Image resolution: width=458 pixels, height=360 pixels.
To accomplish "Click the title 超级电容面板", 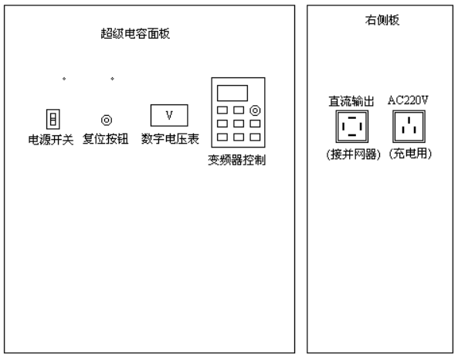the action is [x=135, y=33].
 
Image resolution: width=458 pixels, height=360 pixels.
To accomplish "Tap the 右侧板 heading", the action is [x=382, y=20].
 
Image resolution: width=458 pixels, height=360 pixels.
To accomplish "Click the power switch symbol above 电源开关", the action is [x=53, y=119].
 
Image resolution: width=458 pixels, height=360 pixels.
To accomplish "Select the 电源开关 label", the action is [x=51, y=140].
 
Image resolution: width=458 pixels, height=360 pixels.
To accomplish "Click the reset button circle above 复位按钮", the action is [x=107, y=120].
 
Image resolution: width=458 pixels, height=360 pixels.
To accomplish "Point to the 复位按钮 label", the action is [x=106, y=139].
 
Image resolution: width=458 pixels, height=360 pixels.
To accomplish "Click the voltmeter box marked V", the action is [x=169, y=115].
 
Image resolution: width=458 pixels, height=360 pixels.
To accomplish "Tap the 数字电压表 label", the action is [x=170, y=139].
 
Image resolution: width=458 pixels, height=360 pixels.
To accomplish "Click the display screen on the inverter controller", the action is [x=232, y=93].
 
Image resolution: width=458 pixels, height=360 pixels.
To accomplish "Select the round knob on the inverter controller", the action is [x=256, y=110].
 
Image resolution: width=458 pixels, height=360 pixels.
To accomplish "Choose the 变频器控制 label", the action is [x=236, y=160].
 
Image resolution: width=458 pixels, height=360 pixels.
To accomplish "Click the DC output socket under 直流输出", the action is [x=352, y=127].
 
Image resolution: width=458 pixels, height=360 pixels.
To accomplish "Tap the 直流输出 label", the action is [x=351, y=101].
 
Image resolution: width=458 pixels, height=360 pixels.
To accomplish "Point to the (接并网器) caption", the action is [x=354, y=154].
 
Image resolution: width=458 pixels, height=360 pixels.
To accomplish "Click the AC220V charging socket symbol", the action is [x=409, y=127].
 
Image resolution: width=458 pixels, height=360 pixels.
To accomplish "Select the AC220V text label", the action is [x=408, y=100].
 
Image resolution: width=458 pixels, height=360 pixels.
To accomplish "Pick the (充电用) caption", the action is [x=410, y=154].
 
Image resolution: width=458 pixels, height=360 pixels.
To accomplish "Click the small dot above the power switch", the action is [x=64, y=79].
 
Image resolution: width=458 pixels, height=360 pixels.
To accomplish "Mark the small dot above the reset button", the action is [x=112, y=79].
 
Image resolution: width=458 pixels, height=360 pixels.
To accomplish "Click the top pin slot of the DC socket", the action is [x=352, y=117].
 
